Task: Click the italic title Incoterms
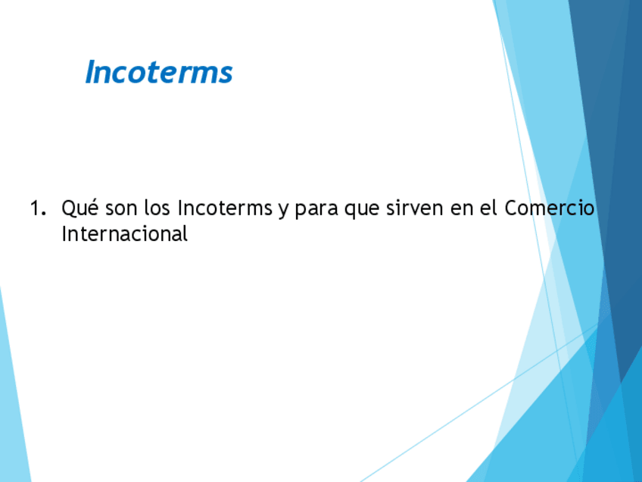point(159,73)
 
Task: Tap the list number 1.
point(36,208)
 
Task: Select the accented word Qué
point(79,208)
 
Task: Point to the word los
point(157,208)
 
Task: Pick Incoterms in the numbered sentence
point(224,208)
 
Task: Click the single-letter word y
point(282,210)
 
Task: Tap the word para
point(316,209)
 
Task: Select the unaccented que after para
point(361,210)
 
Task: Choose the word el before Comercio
point(489,208)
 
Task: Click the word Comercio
point(550,208)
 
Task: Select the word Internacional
point(124,233)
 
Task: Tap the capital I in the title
point(90,73)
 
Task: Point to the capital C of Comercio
point(511,208)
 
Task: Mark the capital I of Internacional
point(64,233)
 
